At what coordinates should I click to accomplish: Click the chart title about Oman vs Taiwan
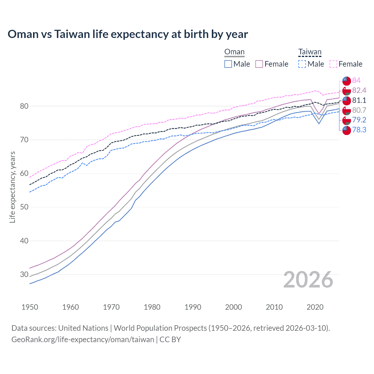tap(128, 34)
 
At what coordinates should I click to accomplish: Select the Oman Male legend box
tap(228, 64)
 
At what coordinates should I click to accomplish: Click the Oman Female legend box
tap(259, 64)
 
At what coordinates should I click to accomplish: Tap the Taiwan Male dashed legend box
tap(302, 64)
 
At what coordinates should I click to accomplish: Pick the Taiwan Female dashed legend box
tap(333, 64)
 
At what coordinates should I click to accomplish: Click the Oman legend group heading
tap(234, 52)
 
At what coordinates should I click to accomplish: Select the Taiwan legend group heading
tap(310, 52)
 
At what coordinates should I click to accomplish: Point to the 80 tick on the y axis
tap(24, 106)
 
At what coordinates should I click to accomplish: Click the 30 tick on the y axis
tap(24, 274)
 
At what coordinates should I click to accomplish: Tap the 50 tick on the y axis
tap(24, 207)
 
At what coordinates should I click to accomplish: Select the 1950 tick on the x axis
tap(30, 307)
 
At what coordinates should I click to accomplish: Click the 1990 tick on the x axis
tap(193, 307)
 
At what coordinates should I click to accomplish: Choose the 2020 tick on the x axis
tap(315, 307)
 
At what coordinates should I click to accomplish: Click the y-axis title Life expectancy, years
tap(13, 187)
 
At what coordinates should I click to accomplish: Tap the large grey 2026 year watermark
tap(308, 280)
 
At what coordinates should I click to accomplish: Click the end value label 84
tap(356, 81)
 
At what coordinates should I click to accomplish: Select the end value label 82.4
tap(359, 90)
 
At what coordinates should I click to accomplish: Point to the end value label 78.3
tap(359, 130)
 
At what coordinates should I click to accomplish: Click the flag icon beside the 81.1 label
tap(347, 101)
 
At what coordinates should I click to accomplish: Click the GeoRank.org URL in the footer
tap(83, 340)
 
